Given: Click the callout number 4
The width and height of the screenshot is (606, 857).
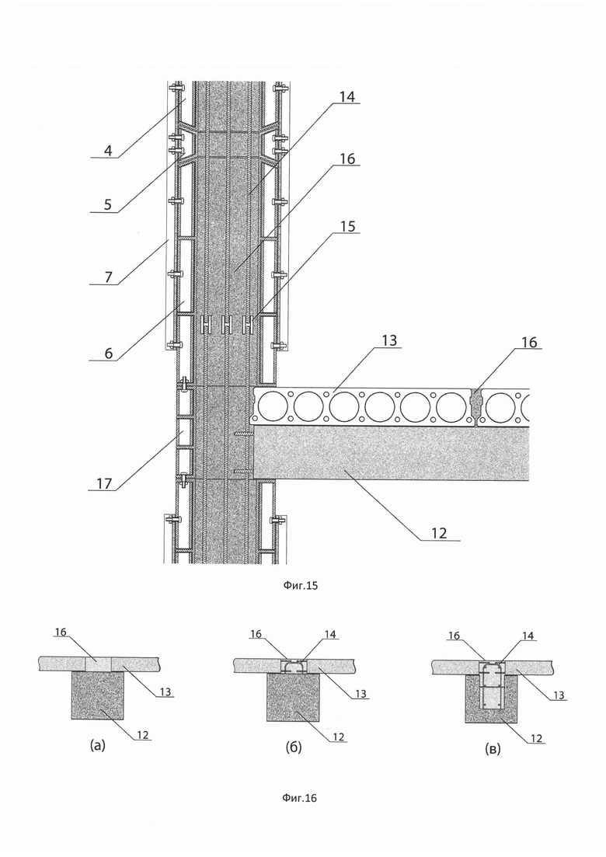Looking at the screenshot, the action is click(109, 150).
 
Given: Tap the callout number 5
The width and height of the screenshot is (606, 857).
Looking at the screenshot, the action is click(108, 204).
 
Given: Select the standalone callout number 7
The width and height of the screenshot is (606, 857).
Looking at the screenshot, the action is click(108, 277).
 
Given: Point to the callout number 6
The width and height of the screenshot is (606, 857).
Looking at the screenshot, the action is click(109, 353).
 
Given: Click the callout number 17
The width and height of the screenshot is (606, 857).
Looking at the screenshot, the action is click(104, 483).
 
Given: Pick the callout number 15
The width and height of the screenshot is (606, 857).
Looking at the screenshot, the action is click(347, 226).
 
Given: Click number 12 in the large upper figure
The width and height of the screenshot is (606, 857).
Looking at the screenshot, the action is click(439, 532).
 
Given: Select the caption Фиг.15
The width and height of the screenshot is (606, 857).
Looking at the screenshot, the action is click(301, 586).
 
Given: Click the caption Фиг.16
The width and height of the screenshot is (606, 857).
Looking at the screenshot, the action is click(299, 798).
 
